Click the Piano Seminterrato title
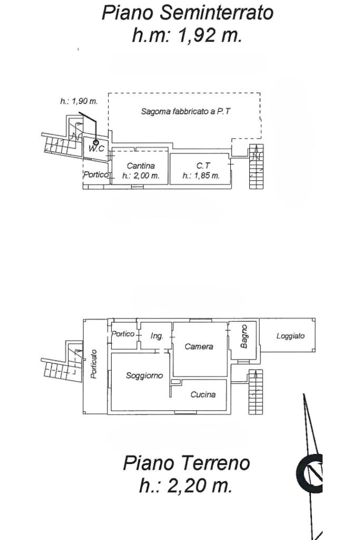click(x=188, y=13)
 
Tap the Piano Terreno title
click(x=186, y=463)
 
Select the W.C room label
click(x=95, y=149)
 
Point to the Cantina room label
click(x=140, y=166)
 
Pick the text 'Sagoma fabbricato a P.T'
click(x=185, y=112)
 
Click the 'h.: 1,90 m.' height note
click(x=79, y=101)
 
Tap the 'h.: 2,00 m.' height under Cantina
click(x=141, y=176)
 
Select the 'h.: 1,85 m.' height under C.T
click(x=201, y=176)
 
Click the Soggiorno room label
click(x=144, y=375)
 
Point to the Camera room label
click(x=199, y=346)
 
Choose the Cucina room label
click(x=203, y=394)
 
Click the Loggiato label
click(x=290, y=336)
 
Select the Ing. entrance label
click(x=157, y=336)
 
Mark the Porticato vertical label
click(x=94, y=363)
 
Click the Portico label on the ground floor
click(x=123, y=333)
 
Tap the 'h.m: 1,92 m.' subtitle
click(x=187, y=35)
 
